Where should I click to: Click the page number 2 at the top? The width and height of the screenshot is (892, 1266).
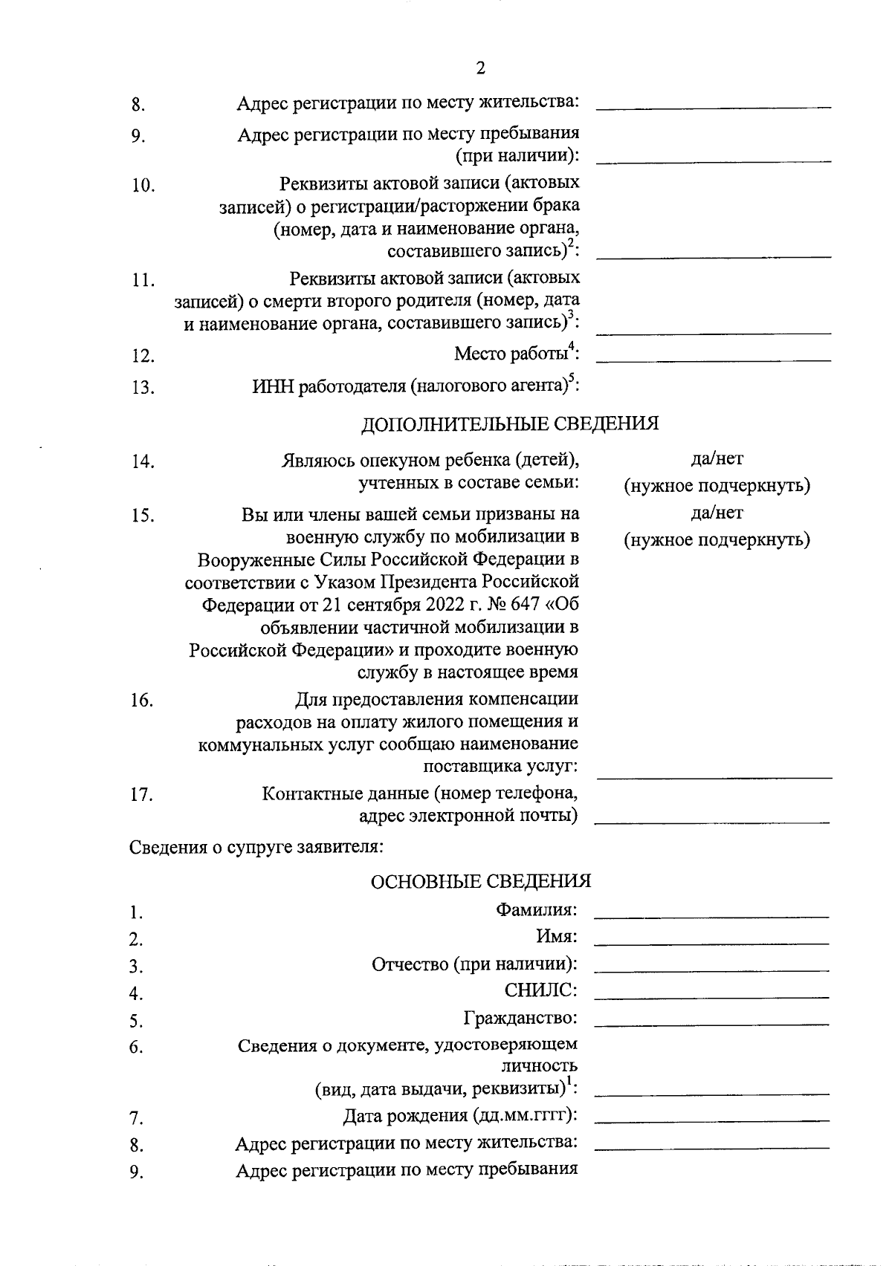(479, 68)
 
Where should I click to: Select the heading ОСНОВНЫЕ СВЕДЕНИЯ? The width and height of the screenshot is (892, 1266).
(480, 881)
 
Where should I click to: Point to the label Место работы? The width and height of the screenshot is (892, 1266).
(512, 354)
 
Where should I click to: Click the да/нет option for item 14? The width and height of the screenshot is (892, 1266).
(717, 460)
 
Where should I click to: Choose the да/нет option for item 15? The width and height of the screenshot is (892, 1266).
(717, 513)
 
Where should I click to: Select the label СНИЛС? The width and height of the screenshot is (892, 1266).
(540, 990)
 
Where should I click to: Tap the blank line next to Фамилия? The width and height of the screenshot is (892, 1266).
(711, 917)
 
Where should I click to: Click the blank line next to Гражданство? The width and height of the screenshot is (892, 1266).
(711, 1025)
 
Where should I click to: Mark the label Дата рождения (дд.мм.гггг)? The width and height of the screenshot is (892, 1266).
(460, 1116)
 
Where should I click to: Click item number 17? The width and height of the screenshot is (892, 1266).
(141, 796)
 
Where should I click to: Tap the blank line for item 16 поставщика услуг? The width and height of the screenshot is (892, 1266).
(714, 777)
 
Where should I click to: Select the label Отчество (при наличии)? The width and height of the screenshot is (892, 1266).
(474, 964)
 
